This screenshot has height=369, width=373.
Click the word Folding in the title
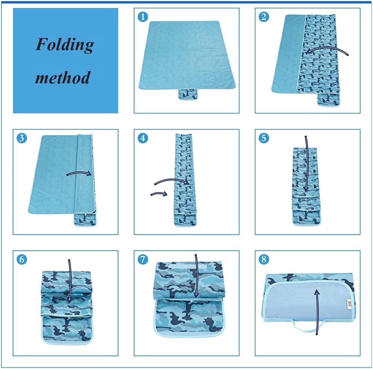(65, 45)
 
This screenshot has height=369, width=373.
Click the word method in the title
(63, 78)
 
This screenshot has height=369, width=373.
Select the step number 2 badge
(264, 17)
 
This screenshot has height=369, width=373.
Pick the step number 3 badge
(22, 138)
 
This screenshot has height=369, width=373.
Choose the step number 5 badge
(264, 138)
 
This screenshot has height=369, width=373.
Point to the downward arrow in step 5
(306, 164)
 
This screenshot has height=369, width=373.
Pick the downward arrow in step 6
(70, 280)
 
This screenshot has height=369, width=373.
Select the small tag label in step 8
(349, 302)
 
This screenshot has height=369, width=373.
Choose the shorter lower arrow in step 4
(158, 194)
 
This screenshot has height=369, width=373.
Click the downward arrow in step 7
(195, 277)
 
